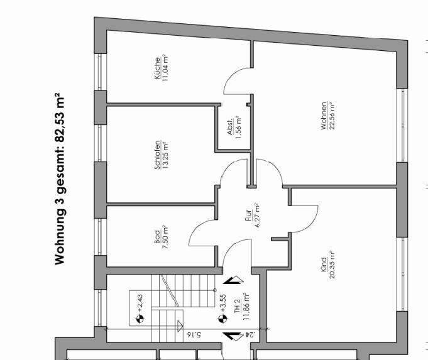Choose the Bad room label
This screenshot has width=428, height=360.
coord(157,239)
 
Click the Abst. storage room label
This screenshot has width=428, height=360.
coord(231,129)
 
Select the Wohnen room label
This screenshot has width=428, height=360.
coord(324,116)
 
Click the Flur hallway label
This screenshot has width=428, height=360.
coord(249,216)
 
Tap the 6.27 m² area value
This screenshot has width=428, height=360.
coord(256,216)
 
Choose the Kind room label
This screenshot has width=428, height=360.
coord(322,262)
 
